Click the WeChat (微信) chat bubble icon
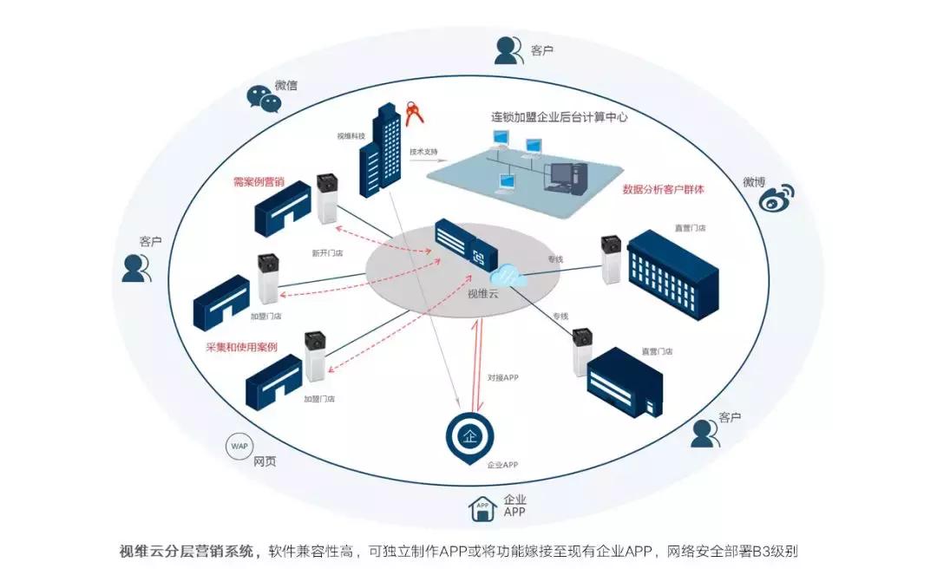click(264, 98)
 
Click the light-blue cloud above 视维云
click(508, 275)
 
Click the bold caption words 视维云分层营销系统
click(189, 552)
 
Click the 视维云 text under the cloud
click(485, 293)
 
